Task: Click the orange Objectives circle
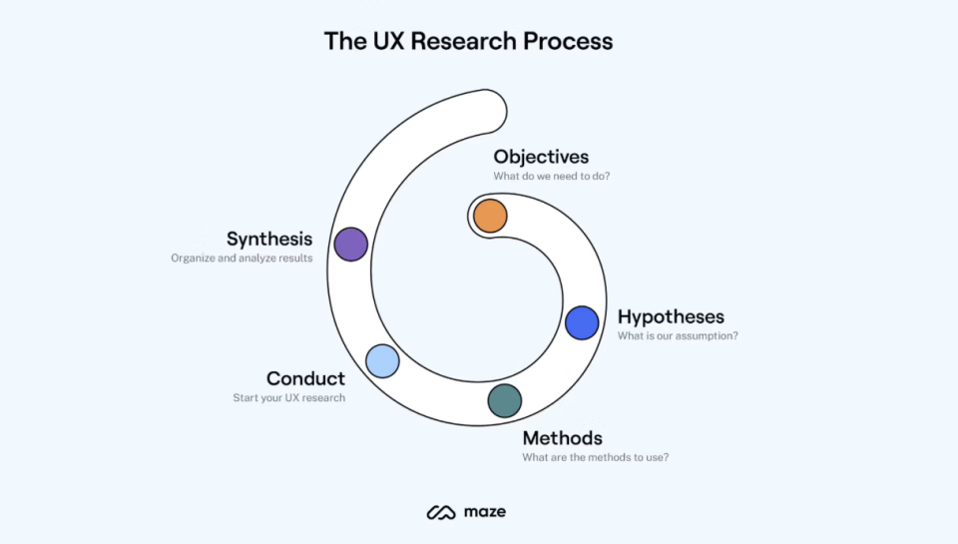tap(490, 216)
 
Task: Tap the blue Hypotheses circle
tap(582, 322)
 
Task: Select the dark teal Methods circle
tap(505, 400)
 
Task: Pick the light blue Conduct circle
tap(382, 361)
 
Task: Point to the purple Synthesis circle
tap(350, 244)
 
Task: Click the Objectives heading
tap(541, 157)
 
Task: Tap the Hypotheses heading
tap(671, 316)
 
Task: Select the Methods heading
tap(562, 438)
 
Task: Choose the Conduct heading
tap(305, 378)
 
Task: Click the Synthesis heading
tap(269, 239)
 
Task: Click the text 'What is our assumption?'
tap(678, 336)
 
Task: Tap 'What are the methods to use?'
tap(595, 458)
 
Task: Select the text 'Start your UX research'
tap(288, 398)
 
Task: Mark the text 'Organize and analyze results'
tap(241, 259)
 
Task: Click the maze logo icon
tap(440, 513)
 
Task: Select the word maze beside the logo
tap(485, 512)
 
